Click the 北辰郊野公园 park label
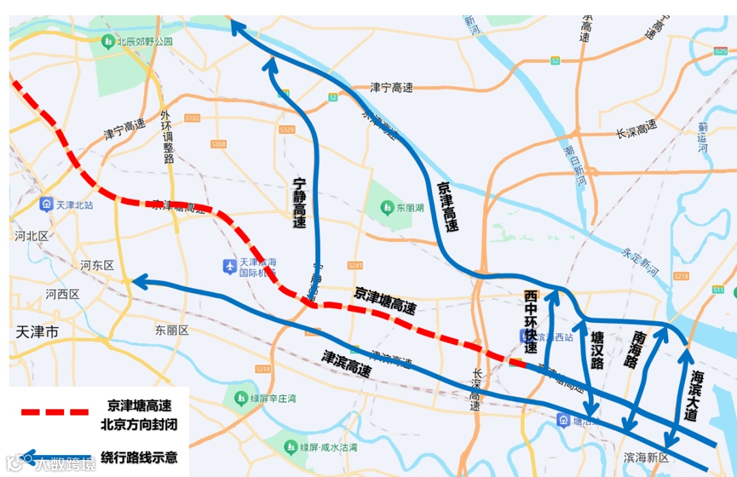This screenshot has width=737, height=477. click(144, 42)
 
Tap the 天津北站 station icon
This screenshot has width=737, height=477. click(46, 204)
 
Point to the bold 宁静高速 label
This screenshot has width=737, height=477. click(299, 202)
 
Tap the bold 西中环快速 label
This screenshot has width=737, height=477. click(530, 321)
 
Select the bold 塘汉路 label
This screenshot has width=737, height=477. click(598, 351)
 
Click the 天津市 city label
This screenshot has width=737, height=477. click(37, 333)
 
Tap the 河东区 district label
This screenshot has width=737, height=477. click(97, 265)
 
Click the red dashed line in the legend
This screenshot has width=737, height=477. click(55, 412)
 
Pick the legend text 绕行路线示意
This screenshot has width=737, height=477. click(139, 456)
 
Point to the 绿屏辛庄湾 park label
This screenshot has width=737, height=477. click(273, 398)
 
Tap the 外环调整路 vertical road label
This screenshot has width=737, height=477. click(168, 137)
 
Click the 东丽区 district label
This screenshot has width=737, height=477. click(171, 330)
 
